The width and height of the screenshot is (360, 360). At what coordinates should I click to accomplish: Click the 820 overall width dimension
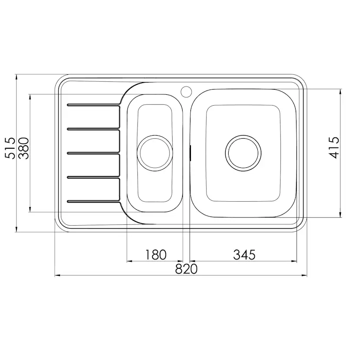[186, 269]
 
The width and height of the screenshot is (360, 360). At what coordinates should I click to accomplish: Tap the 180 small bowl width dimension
[156, 255]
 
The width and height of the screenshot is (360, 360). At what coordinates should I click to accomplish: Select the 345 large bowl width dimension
[244, 255]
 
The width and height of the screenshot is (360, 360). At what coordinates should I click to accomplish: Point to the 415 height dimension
[334, 148]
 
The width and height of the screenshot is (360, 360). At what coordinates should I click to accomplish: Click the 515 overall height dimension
[10, 148]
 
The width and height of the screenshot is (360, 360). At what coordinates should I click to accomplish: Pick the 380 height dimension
[23, 148]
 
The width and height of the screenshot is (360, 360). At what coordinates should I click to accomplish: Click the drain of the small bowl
[154, 153]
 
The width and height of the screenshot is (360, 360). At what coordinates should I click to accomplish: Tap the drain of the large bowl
[243, 153]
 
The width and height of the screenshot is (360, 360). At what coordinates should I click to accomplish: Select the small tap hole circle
[186, 91]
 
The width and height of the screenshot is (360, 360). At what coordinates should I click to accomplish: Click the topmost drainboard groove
[93, 105]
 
